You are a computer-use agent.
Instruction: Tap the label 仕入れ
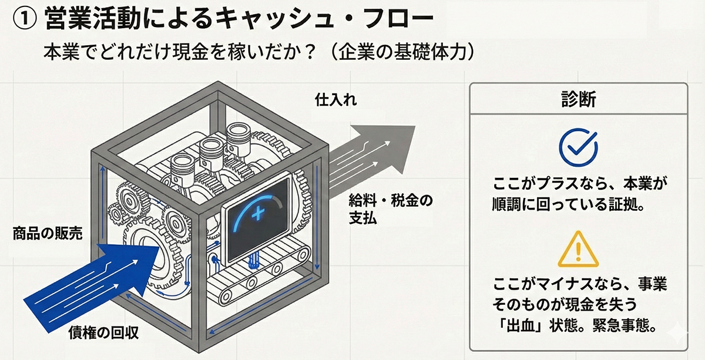(x=335, y=100)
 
